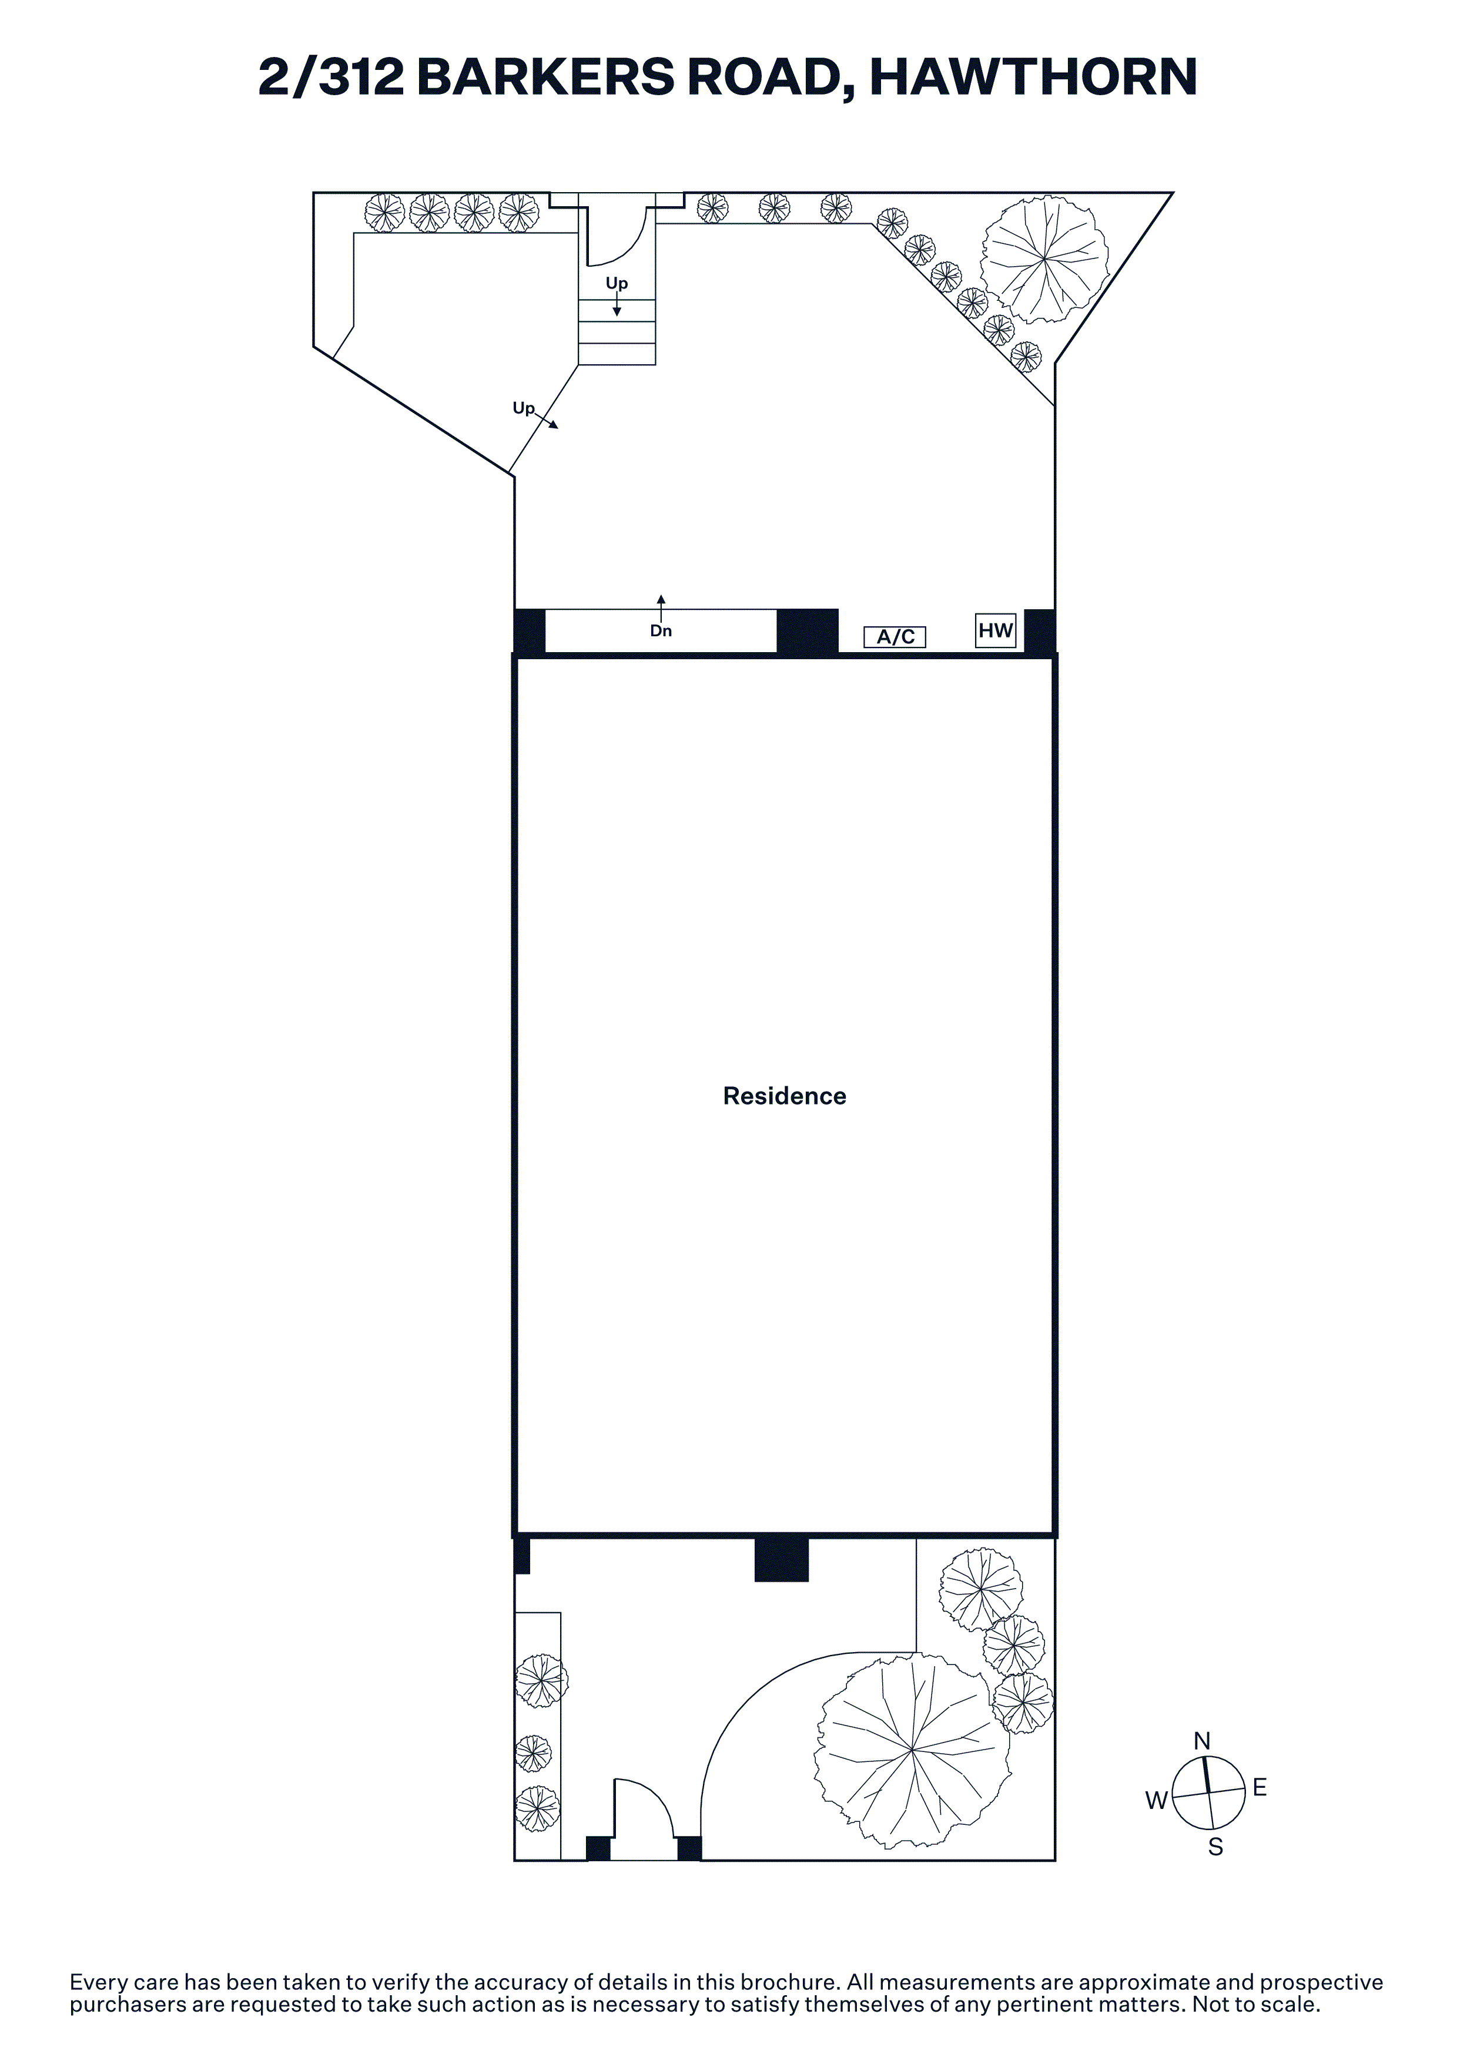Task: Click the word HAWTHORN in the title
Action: (1033, 77)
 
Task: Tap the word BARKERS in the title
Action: (545, 77)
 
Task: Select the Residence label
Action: (785, 1096)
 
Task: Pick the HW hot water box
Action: (996, 630)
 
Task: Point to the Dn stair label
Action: (661, 631)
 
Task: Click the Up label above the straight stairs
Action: (617, 284)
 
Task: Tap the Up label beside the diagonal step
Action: (523, 408)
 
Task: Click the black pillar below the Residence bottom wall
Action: (781, 1560)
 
